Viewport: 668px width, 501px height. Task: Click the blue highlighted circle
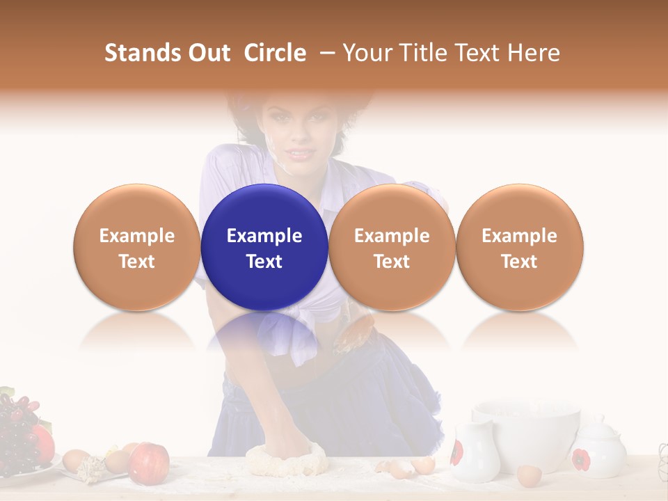[264, 247]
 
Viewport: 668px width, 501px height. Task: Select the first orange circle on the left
[136, 247]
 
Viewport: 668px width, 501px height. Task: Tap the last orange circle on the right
[519, 247]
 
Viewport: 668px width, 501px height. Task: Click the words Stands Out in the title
[167, 53]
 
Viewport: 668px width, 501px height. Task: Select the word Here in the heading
[534, 53]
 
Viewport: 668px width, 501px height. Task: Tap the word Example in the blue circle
[264, 236]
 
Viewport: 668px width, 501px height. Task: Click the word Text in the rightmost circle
[519, 262]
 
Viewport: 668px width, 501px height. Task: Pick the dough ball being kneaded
[287, 459]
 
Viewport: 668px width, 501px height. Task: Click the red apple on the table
[149, 462]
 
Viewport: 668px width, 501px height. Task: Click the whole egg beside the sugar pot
[530, 476]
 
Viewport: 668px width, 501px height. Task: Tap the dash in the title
[324, 53]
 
